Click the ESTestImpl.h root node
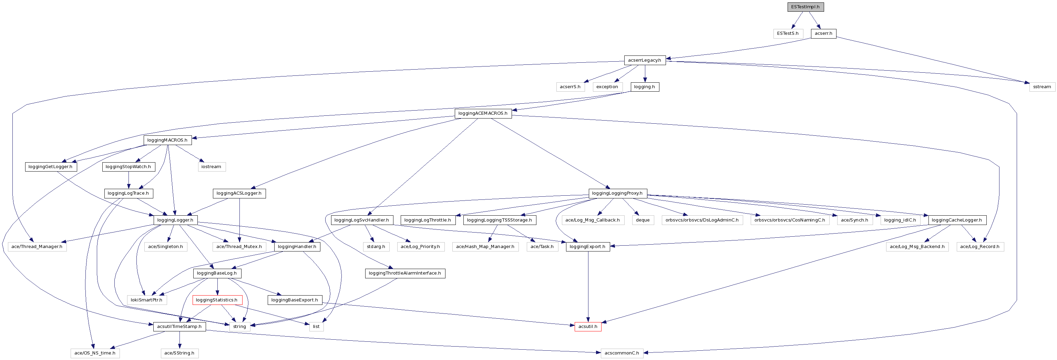tap(805, 7)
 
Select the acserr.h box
tap(823, 33)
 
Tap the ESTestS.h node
tap(788, 33)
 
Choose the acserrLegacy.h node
tap(644, 60)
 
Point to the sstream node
tap(1041, 86)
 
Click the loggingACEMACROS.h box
tap(483, 113)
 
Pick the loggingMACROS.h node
tap(167, 140)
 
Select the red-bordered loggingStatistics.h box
tap(217, 300)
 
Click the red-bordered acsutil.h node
tap(588, 327)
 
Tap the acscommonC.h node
tap(621, 353)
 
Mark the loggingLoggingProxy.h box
tap(617, 193)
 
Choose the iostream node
tap(211, 167)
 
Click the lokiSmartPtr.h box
tap(146, 300)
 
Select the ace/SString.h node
tap(179, 353)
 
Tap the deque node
tap(642, 220)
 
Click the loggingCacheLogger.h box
tap(956, 220)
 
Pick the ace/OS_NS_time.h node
tap(95, 353)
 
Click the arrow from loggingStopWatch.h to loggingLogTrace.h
tap(129, 179)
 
